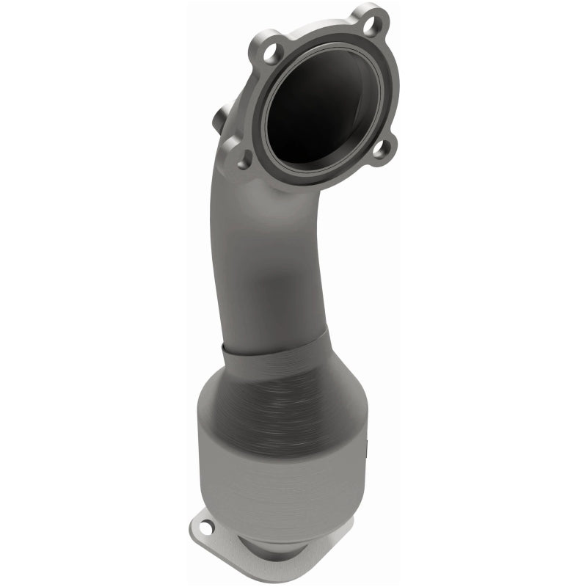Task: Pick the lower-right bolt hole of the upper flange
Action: (x=379, y=150)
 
